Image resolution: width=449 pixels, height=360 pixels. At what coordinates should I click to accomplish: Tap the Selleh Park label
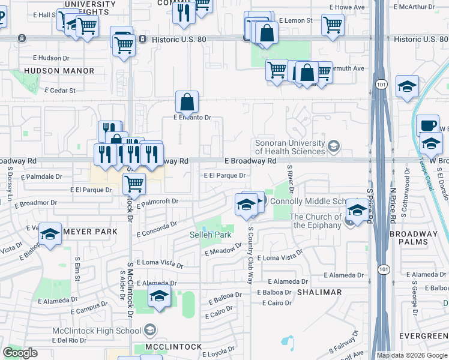coord(211,235)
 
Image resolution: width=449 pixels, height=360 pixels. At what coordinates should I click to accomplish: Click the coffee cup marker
coord(427,125)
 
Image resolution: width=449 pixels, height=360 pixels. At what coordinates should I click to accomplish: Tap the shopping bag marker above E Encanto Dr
coord(187,102)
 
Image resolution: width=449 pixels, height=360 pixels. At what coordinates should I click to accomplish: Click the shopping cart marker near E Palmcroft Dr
coord(134,183)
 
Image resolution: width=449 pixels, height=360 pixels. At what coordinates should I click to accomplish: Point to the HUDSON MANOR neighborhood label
coord(59,71)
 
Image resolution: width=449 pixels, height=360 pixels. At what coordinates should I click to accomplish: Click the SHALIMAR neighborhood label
coord(319,292)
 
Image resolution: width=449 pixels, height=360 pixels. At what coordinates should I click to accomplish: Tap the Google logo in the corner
coord(20,353)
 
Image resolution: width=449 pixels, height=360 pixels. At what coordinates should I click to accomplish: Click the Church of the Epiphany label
coord(316,221)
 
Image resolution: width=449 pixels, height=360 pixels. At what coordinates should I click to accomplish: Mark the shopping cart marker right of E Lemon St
coord(333,25)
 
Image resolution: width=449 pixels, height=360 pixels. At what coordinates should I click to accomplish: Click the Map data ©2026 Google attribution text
coord(412,355)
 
